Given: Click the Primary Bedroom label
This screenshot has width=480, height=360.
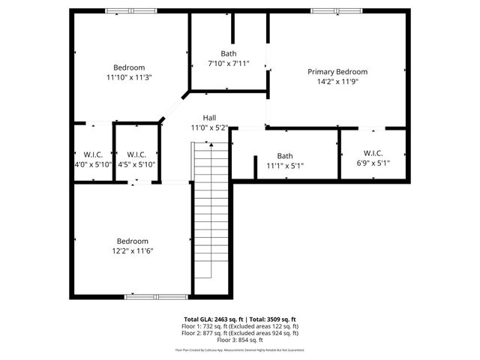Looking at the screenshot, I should point(337,72).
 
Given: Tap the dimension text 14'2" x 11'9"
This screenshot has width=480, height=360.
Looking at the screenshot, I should point(337,82).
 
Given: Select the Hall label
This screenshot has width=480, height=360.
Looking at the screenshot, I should point(209,118).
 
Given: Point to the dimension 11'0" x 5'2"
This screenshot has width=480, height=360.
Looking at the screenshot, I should point(209,127).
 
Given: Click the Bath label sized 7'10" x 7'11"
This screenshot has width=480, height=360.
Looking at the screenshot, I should point(228,53).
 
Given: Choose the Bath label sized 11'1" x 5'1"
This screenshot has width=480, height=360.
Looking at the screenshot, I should point(285,156).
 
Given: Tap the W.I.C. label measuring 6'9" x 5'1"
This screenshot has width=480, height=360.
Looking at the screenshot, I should point(373,153).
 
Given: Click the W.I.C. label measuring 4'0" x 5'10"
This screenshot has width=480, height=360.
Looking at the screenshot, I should point(92,154).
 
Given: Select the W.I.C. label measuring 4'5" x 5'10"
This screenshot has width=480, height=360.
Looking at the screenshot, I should point(136,154).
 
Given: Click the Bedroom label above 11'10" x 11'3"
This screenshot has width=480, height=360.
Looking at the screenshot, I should point(129,67).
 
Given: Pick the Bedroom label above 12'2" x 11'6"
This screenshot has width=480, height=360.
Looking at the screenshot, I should point(132,241).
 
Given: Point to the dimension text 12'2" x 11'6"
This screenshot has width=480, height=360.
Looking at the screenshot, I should point(132,250).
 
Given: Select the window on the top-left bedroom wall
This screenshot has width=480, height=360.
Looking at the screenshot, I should point(131,11).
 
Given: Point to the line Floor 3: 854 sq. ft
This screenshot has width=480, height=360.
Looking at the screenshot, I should point(240,340).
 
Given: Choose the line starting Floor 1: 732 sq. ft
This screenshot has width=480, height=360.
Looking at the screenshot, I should point(240,326).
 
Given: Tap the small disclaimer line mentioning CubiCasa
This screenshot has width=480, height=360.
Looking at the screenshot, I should point(240,349).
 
